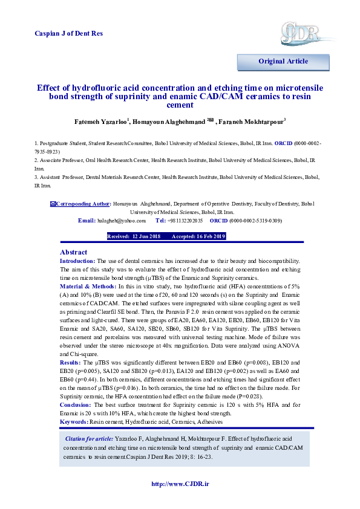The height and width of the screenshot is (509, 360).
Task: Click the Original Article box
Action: [283, 62]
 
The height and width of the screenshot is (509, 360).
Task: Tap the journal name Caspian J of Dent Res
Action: [69, 33]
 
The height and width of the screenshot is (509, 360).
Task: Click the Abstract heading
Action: [73, 252]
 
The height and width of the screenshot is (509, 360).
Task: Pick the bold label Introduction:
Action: [77, 261]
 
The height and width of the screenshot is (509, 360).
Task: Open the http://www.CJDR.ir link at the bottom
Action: [180, 484]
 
